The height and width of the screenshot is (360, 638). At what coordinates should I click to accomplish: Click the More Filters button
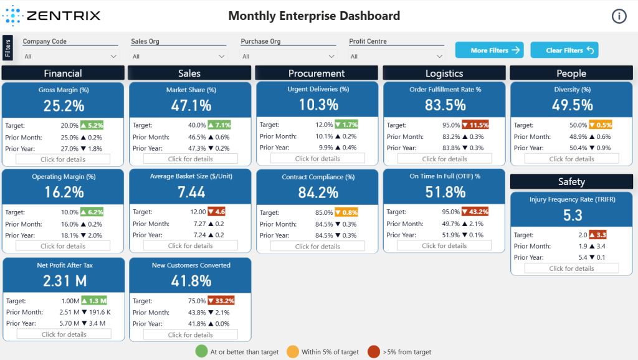pos(489,50)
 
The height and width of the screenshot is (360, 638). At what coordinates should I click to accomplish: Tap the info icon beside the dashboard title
pos(619,16)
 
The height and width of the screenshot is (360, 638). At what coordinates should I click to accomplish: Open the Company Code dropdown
pos(70,56)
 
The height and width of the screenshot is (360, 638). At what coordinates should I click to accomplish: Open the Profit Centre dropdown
pos(396,56)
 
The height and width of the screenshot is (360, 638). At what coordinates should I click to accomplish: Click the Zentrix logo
pos(51,16)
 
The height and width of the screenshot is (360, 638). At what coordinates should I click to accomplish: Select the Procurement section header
pos(316,73)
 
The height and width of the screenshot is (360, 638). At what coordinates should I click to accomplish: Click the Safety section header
pos(571,181)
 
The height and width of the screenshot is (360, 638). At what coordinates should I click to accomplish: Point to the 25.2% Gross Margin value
pos(64,106)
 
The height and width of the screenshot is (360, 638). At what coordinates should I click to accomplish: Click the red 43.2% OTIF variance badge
pos(475,212)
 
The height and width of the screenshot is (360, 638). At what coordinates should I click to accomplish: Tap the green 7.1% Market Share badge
pos(219,125)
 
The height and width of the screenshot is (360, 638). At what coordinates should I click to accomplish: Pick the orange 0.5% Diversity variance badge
pos(601,125)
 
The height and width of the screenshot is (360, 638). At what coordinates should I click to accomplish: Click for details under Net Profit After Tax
pos(64,334)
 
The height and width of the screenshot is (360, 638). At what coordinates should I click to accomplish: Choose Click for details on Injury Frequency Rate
pos(571,268)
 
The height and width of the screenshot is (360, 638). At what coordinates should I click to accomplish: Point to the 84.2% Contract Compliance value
pos(318,192)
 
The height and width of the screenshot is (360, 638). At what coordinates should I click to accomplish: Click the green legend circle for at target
pos(201,351)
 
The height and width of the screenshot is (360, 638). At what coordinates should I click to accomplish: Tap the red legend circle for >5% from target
pos(374,351)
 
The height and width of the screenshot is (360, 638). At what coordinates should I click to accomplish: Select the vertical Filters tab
pos(7,47)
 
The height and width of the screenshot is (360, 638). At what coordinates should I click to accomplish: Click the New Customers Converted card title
pos(191,265)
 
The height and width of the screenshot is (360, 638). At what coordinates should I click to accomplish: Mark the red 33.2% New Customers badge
pos(221,301)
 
